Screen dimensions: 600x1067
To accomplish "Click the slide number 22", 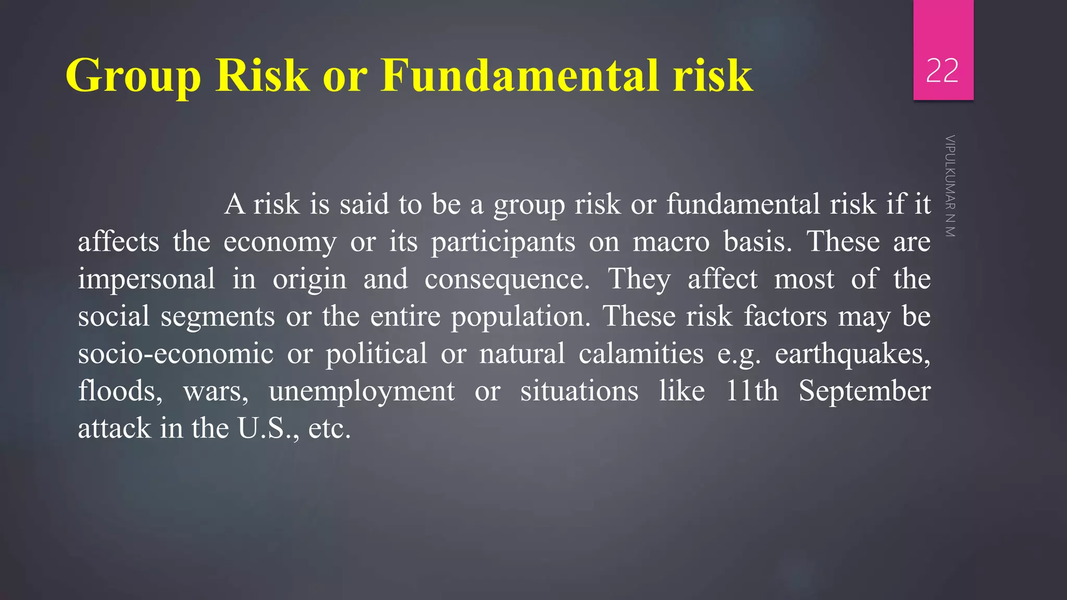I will (x=942, y=71).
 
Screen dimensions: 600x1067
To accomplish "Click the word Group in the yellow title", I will (x=133, y=76).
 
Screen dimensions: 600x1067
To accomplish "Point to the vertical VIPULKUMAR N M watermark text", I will (x=950, y=186).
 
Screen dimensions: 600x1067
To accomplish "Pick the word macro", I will (x=671, y=242).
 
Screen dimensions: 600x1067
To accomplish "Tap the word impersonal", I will (x=146, y=280).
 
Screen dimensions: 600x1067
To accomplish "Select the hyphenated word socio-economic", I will (x=176, y=354).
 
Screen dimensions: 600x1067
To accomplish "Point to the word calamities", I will (x=641, y=354).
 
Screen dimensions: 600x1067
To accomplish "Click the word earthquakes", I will (x=852, y=354).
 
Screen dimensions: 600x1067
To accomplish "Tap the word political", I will (x=376, y=354).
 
